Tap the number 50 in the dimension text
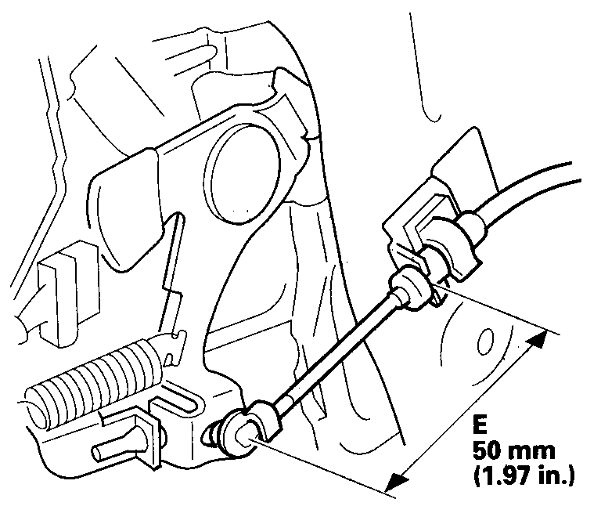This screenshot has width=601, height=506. pos(488,452)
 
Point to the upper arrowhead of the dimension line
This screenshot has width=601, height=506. pos(538,338)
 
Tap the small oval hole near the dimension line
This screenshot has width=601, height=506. pos(484,342)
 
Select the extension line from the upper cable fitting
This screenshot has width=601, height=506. pos(485,309)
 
